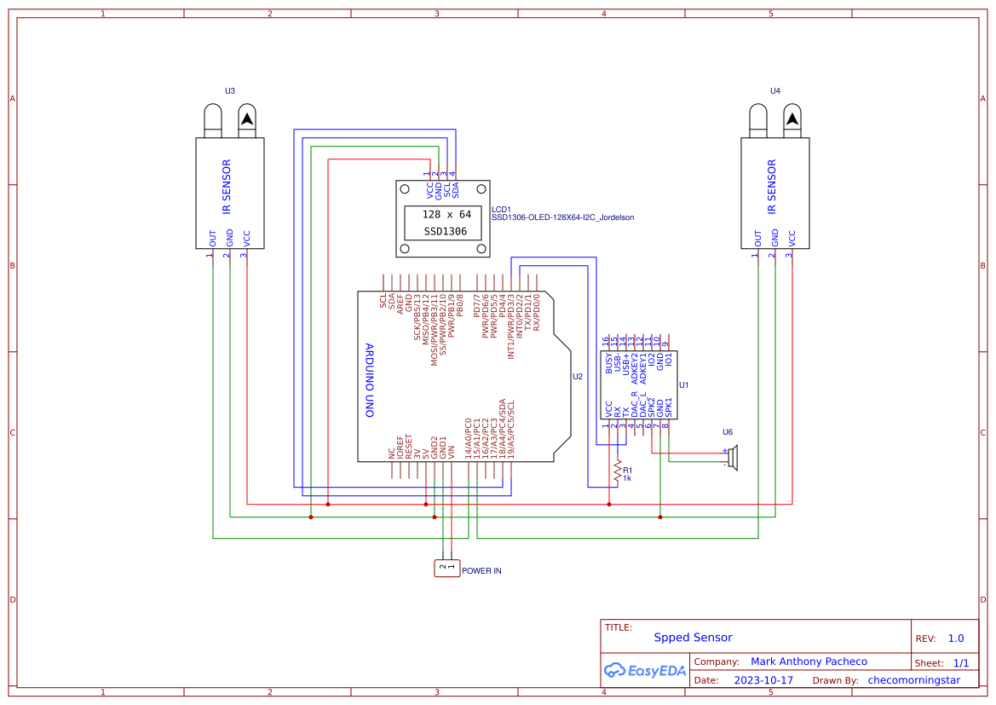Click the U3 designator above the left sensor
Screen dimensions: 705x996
point(229,90)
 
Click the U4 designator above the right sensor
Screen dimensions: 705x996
point(774,90)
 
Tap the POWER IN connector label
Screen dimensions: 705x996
point(481,570)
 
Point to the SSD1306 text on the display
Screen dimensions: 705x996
point(446,231)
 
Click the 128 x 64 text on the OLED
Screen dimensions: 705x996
point(446,215)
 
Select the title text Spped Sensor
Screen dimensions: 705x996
point(693,637)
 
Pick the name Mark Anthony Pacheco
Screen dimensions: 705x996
point(809,662)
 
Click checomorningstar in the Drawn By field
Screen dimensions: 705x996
point(913,680)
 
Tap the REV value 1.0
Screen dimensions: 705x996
point(956,639)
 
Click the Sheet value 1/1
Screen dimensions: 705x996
point(960,662)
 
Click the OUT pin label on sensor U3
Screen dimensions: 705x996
point(213,238)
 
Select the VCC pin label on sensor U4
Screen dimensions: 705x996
point(792,238)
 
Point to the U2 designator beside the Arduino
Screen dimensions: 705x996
point(577,376)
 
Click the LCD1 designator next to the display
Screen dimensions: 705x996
point(501,209)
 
